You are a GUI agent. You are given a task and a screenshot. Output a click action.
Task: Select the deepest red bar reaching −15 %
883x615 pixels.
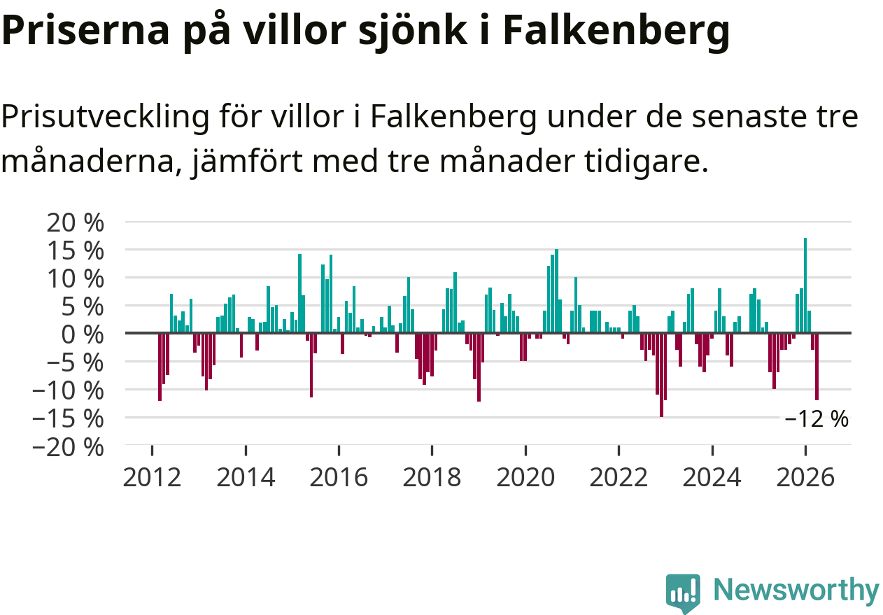click(661, 375)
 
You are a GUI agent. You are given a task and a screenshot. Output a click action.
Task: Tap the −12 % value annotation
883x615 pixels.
click(817, 419)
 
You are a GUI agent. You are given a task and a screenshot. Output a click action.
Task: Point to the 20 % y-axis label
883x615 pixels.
click(76, 222)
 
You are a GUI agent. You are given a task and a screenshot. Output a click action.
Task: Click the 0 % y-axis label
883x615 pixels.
click(83, 334)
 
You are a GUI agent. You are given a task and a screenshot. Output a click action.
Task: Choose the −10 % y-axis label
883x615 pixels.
click(68, 390)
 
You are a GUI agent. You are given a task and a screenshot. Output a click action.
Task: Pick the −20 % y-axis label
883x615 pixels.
click(68, 448)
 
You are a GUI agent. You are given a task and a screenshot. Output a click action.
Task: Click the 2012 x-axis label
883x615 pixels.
click(152, 477)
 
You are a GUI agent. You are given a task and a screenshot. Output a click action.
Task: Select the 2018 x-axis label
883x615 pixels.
click(432, 477)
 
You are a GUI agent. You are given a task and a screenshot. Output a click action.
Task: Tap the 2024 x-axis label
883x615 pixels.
click(712, 477)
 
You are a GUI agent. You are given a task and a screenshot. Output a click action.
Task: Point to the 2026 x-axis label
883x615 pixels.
click(805, 477)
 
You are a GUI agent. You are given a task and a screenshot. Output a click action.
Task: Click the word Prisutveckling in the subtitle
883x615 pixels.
click(105, 118)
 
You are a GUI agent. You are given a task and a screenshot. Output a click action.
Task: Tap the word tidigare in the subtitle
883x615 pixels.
click(647, 162)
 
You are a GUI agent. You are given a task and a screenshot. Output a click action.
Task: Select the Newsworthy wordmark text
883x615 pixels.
click(796, 591)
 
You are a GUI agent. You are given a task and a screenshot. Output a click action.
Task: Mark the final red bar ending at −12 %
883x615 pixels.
click(817, 367)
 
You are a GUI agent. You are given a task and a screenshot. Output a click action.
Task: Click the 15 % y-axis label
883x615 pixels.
click(76, 250)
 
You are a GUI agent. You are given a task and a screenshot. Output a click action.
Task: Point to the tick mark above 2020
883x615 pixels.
click(525, 450)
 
